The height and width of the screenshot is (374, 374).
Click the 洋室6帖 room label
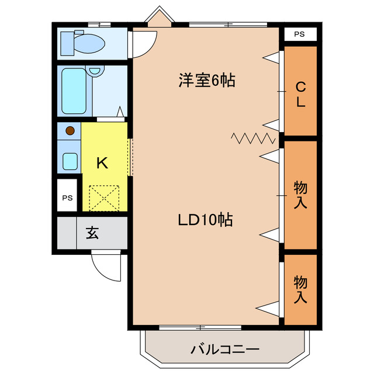point(206,81)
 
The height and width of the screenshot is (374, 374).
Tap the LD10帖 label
point(206,220)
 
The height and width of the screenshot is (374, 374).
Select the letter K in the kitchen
point(102,163)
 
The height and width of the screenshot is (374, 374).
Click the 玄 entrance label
point(92,233)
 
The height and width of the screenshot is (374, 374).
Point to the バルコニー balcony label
point(224,350)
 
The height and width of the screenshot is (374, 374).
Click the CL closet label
point(300,95)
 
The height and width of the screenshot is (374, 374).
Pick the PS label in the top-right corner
point(299,34)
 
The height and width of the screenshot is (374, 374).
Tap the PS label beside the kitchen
point(68,198)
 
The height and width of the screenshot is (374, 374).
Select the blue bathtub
point(74,91)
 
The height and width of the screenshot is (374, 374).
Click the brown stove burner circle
point(70,131)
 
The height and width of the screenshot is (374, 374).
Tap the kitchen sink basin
point(70,160)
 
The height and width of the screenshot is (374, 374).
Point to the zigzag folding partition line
point(253,138)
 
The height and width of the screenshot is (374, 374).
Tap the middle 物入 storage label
point(300,195)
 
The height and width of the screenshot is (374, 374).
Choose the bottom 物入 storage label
point(300,289)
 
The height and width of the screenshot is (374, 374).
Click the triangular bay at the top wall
point(159,18)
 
